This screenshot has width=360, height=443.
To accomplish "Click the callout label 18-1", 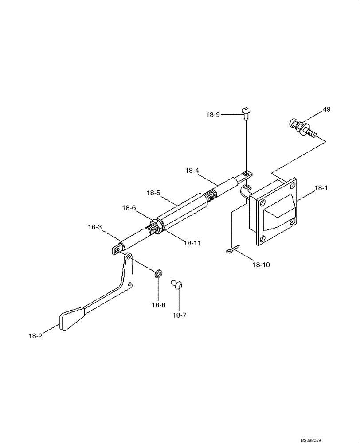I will click(x=321, y=188).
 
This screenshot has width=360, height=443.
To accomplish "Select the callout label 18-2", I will click(x=34, y=336).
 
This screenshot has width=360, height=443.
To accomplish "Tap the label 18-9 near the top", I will click(x=213, y=115).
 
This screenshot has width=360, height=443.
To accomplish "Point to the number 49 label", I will click(x=326, y=109).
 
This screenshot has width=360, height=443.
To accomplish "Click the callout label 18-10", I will click(x=261, y=264).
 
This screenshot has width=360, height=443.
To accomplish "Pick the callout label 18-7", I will click(x=179, y=315).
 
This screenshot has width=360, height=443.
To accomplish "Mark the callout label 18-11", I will click(x=192, y=243).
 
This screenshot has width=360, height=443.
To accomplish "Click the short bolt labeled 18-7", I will click(x=178, y=284).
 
